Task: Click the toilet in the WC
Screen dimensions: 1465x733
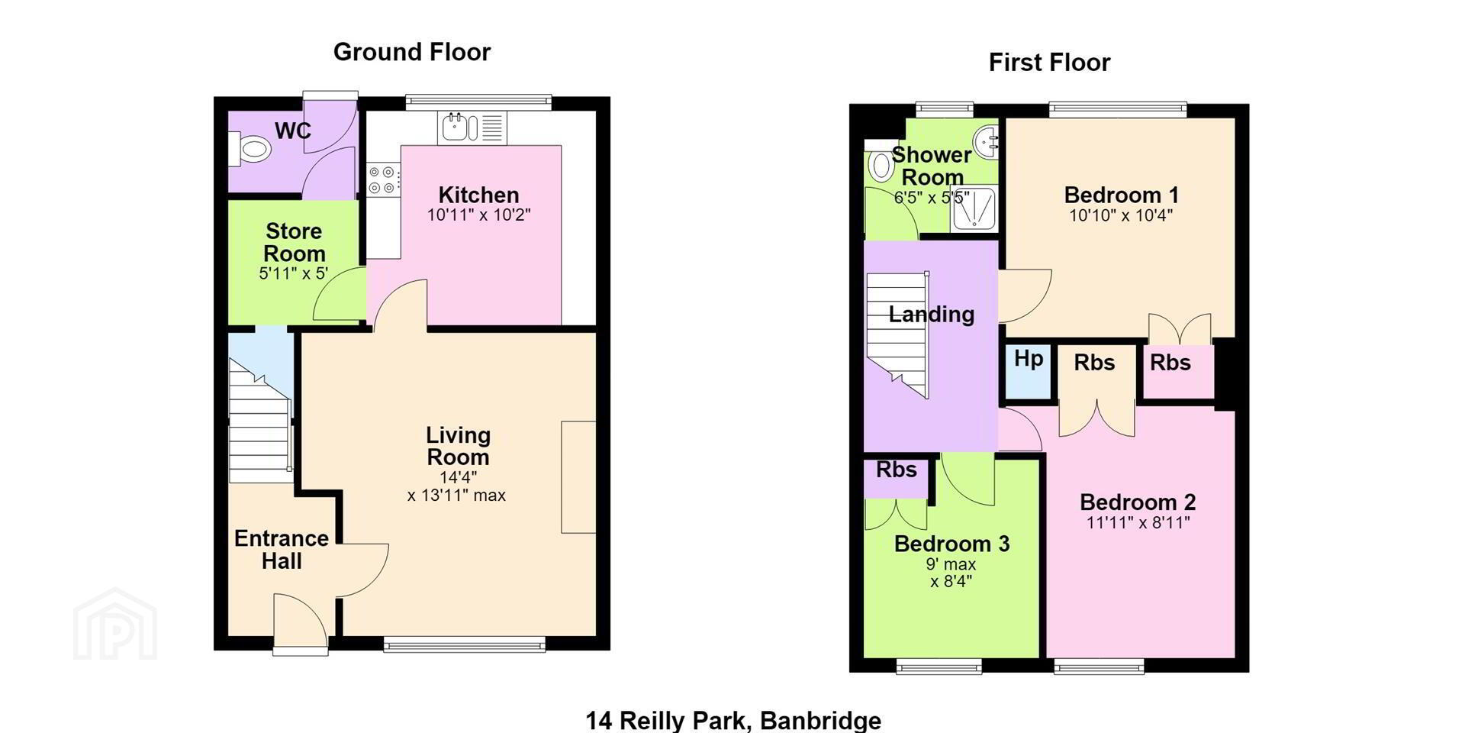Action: tap(250, 148)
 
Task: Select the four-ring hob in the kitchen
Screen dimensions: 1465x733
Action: tap(382, 179)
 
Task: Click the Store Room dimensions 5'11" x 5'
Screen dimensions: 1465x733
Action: tap(294, 273)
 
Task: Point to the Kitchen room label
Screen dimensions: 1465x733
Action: tap(478, 195)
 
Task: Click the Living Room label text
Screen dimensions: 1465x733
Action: tap(458, 446)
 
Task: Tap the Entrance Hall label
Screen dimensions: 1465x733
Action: tap(282, 549)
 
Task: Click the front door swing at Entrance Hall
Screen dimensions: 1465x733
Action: tap(301, 622)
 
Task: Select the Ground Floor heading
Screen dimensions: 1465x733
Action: tap(412, 52)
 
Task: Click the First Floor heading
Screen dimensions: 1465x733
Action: tap(1049, 62)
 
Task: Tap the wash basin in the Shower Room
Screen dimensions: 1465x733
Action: tap(987, 141)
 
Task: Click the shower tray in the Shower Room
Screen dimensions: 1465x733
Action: tap(974, 209)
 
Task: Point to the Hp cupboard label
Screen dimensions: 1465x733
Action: tap(1029, 358)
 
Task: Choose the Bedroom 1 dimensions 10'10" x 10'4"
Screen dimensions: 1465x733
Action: tap(1121, 215)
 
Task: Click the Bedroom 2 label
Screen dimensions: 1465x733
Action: tap(1138, 502)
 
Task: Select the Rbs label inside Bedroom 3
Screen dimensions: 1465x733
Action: tap(897, 470)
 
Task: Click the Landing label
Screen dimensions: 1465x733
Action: tap(932, 315)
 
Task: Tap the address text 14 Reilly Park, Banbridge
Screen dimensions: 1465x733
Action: tap(733, 720)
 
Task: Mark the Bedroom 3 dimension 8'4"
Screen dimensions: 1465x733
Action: tap(951, 582)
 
